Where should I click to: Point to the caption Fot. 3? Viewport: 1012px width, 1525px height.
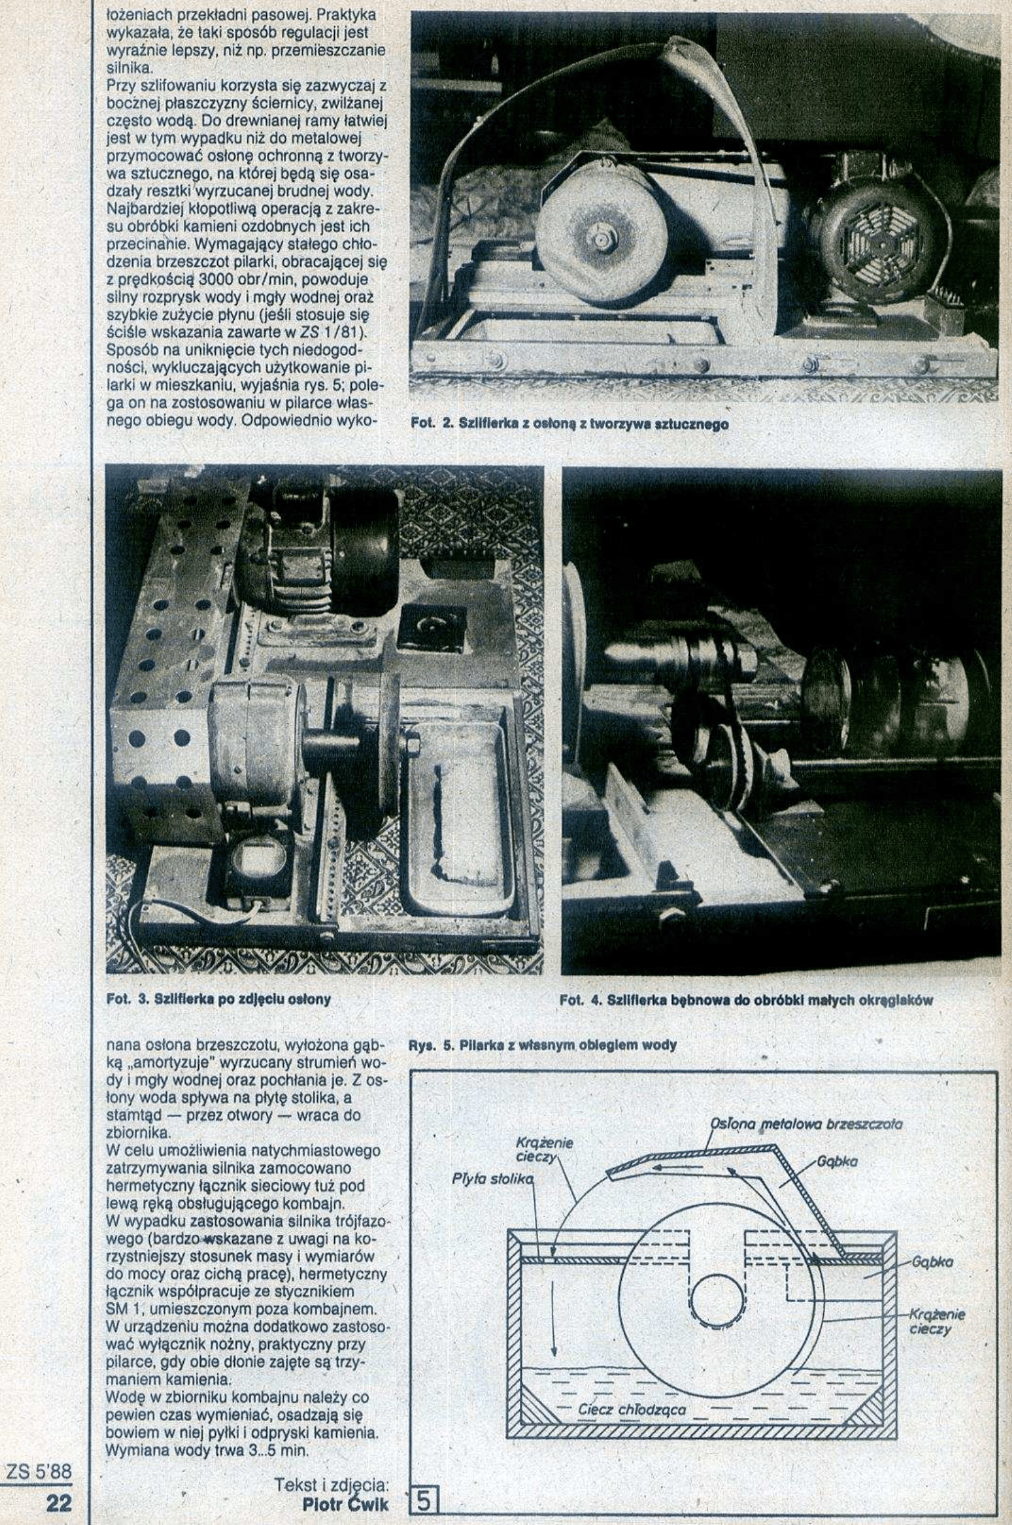[218, 999]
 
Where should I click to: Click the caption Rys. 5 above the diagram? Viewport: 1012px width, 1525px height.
[543, 1044]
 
